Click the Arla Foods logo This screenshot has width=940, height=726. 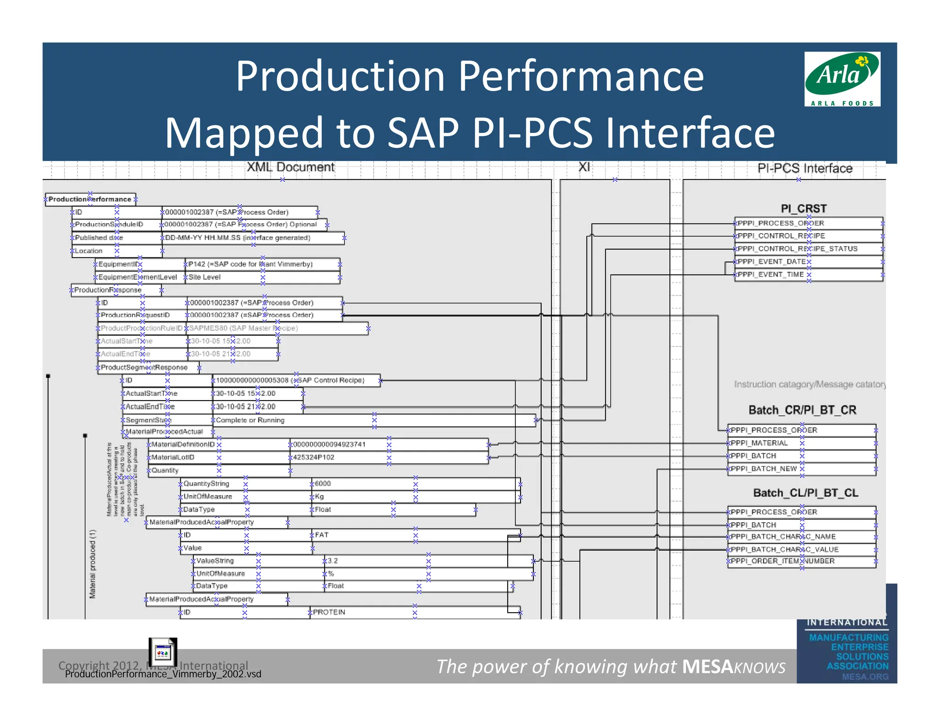coord(842,79)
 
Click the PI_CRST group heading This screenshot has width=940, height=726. coord(803,209)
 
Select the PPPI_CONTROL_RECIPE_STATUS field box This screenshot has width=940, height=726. coord(808,249)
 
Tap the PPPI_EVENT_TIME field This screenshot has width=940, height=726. coord(808,274)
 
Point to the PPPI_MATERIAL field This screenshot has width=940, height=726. coord(801,443)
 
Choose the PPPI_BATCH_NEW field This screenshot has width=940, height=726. coord(801,469)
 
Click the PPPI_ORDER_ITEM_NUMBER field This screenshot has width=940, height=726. coord(801,561)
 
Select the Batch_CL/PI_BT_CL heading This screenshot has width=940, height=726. coord(805,493)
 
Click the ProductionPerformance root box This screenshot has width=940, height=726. coord(90,199)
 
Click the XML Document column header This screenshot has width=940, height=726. coord(291,167)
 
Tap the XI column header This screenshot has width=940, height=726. coord(584,167)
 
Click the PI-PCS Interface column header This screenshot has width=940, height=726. coord(805,168)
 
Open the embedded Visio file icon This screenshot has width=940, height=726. coord(162,652)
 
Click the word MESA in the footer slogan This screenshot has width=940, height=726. coord(707,667)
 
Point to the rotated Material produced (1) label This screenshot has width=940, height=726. coord(93,564)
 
